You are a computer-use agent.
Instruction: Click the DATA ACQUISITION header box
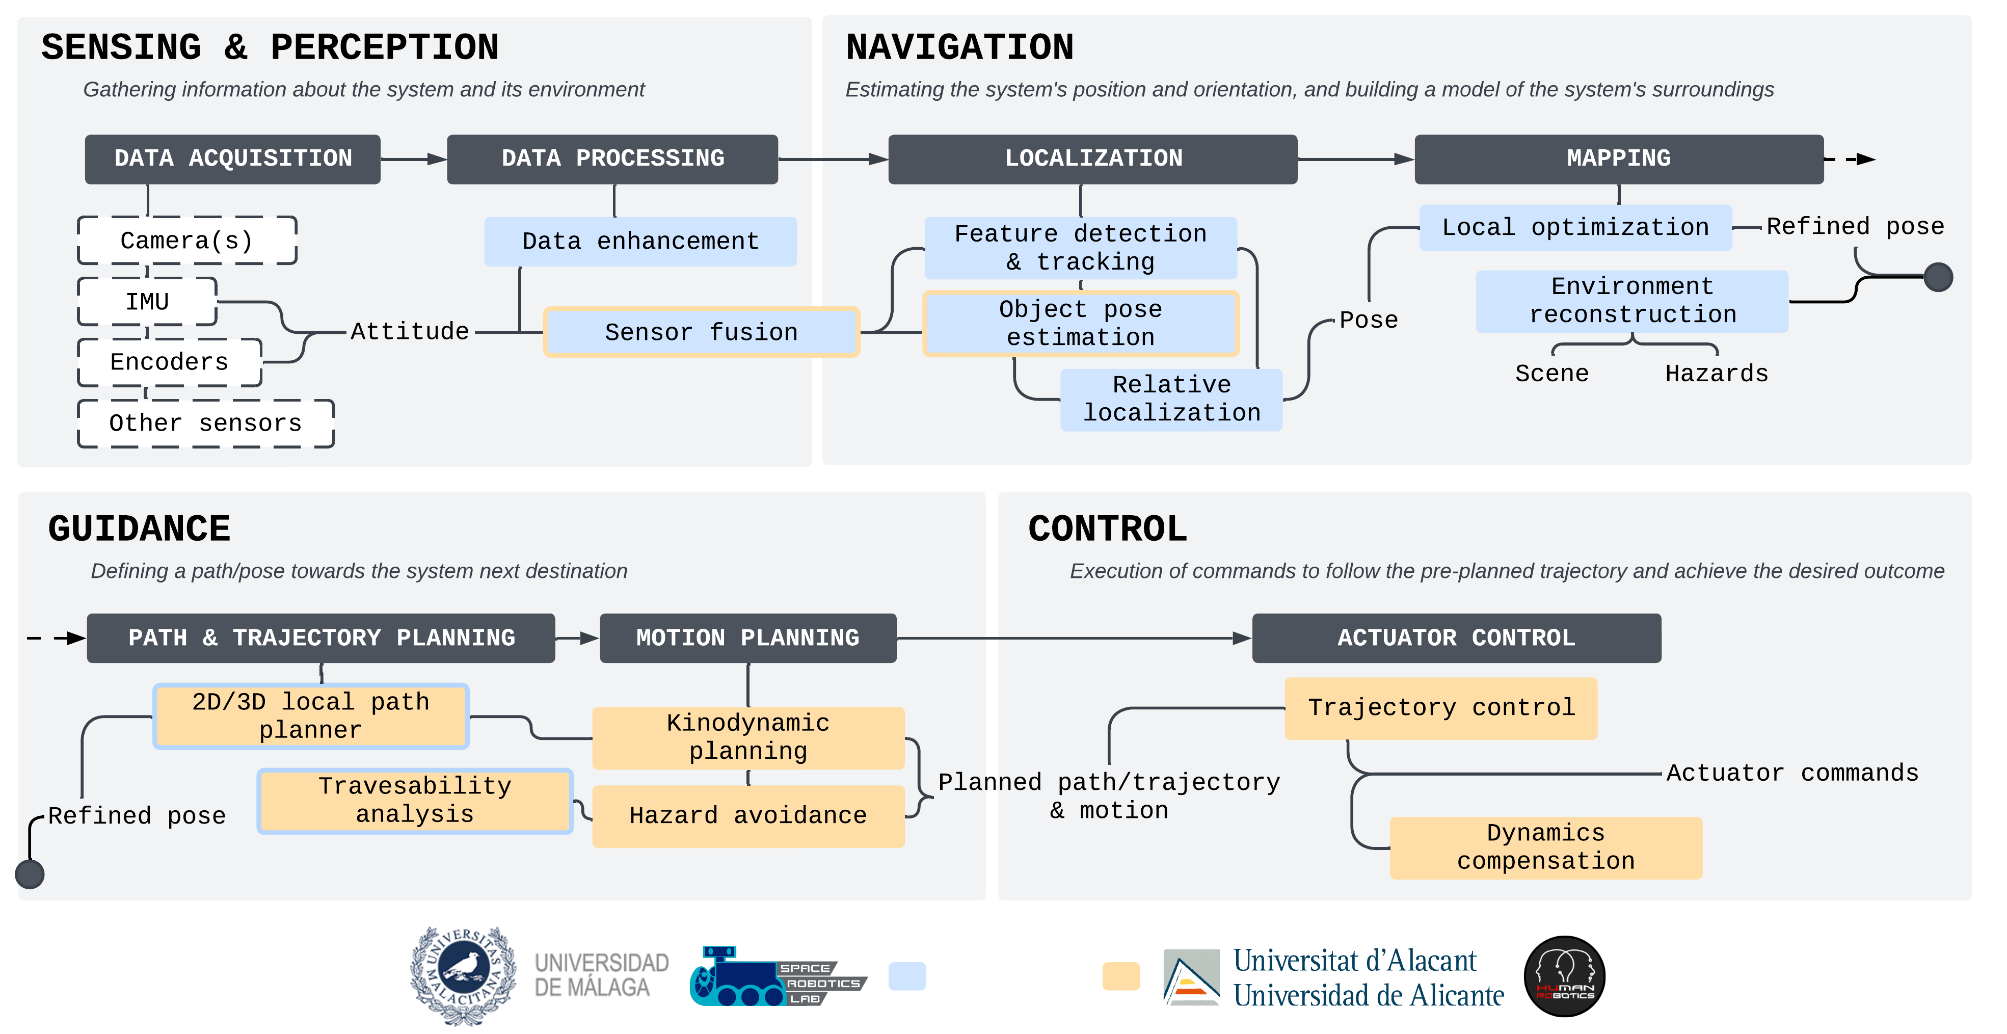coord(232,159)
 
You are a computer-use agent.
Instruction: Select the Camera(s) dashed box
coord(187,241)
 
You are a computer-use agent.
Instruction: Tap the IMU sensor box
coord(147,302)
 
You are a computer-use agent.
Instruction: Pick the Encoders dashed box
coord(169,362)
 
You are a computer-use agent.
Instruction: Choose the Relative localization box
coord(1171,399)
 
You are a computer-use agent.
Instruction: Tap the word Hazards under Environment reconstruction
coord(1717,374)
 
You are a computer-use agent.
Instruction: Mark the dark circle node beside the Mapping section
coord(1938,277)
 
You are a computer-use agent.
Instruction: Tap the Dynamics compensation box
coord(1546,847)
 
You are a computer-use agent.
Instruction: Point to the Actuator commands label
coord(1792,773)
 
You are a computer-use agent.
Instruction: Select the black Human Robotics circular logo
coord(1564,976)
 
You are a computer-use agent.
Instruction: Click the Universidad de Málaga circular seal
coord(463,975)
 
